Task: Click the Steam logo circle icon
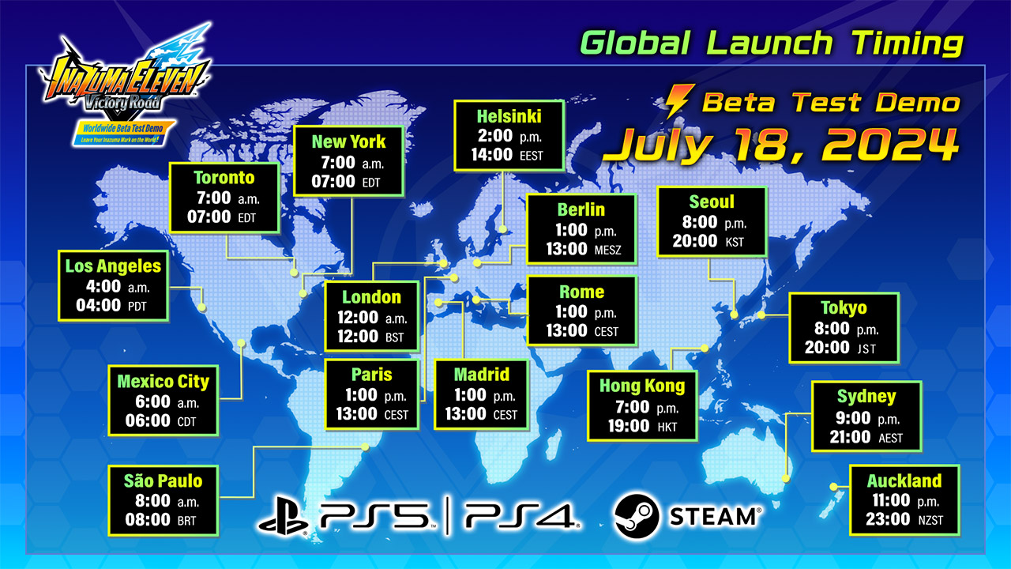pos(636,515)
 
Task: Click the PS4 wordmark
pos(522,515)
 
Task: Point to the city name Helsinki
pos(509,116)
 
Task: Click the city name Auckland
pos(904,480)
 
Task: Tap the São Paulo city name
pos(163,480)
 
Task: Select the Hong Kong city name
pos(641,387)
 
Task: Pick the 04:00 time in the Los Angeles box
pos(99,305)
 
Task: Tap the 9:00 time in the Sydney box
pos(852,417)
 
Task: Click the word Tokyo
pos(844,307)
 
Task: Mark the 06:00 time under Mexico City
pos(148,420)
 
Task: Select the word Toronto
pos(225,178)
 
